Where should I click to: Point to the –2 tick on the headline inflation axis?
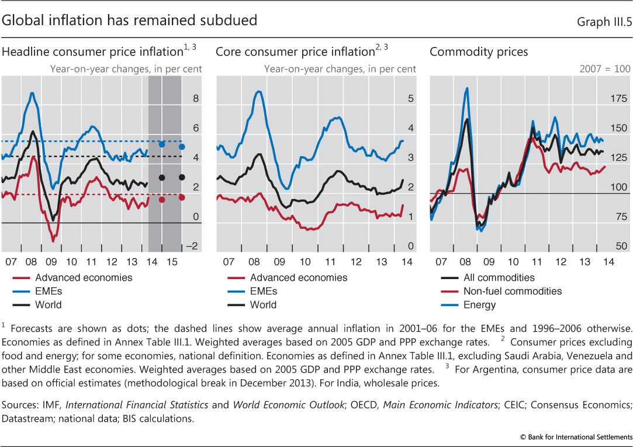(x=192, y=246)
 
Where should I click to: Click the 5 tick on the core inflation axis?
(x=410, y=98)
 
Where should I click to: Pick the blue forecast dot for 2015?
(x=182, y=147)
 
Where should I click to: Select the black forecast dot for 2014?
(x=162, y=177)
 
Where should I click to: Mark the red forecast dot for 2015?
(x=182, y=197)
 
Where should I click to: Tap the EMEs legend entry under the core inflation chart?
(x=264, y=291)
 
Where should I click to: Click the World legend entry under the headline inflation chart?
(x=49, y=305)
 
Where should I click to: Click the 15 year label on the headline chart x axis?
(x=172, y=262)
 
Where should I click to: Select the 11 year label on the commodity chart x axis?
(x=532, y=262)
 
